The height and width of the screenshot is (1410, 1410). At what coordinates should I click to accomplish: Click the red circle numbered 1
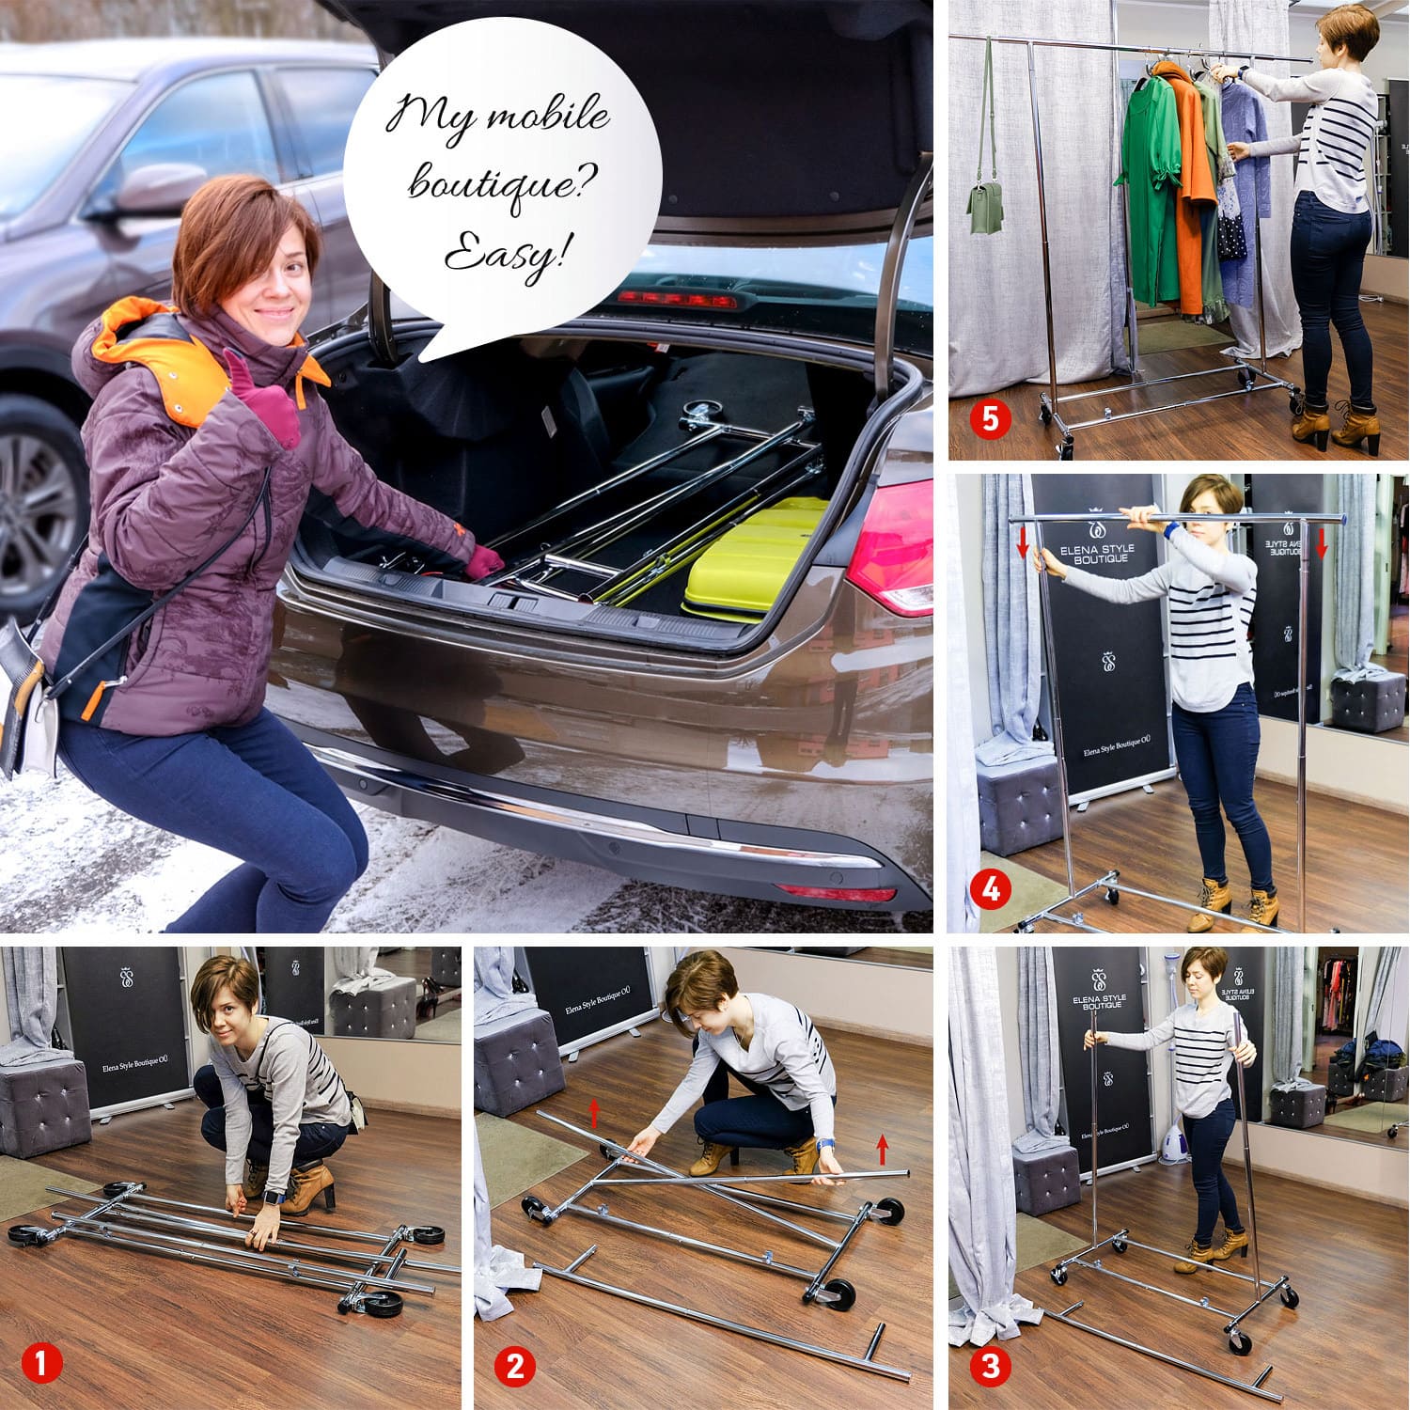[42, 1363]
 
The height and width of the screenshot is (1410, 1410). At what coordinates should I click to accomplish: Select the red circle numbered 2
[515, 1365]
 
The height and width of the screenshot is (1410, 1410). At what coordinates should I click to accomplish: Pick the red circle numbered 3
[990, 1365]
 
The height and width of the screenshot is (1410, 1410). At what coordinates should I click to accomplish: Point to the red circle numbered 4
[991, 888]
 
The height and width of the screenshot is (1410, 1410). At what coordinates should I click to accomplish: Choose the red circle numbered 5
[991, 418]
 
